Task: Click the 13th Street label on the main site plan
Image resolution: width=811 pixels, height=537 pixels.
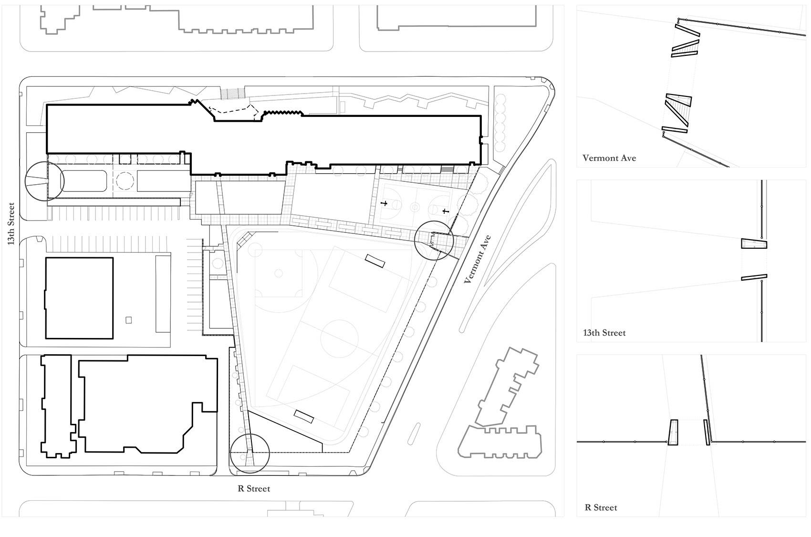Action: [x=11, y=224]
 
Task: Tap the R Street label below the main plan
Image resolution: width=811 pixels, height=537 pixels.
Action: [x=254, y=488]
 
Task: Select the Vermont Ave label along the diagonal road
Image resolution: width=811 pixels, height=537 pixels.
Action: [x=478, y=259]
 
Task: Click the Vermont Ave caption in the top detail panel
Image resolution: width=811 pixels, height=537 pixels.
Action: [x=609, y=158]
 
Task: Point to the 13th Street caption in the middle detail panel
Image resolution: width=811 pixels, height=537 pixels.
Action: [x=604, y=333]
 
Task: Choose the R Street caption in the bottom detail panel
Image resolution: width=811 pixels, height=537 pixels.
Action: [x=601, y=507]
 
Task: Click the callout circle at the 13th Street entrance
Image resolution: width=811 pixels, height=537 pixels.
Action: [x=44, y=180]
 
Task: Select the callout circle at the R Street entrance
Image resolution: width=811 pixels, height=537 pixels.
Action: [x=250, y=453]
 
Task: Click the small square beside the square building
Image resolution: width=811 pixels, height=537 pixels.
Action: [x=128, y=320]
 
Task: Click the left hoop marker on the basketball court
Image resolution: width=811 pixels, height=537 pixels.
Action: [x=383, y=203]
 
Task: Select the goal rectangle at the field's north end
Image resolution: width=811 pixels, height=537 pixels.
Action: [x=375, y=261]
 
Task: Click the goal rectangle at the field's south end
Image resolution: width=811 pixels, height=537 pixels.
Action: [x=304, y=416]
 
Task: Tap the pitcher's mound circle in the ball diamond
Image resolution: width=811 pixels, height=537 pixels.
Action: [x=278, y=274]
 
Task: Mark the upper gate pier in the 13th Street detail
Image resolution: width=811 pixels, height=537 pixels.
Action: [x=754, y=243]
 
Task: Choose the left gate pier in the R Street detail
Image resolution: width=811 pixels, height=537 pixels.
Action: [x=673, y=432]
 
